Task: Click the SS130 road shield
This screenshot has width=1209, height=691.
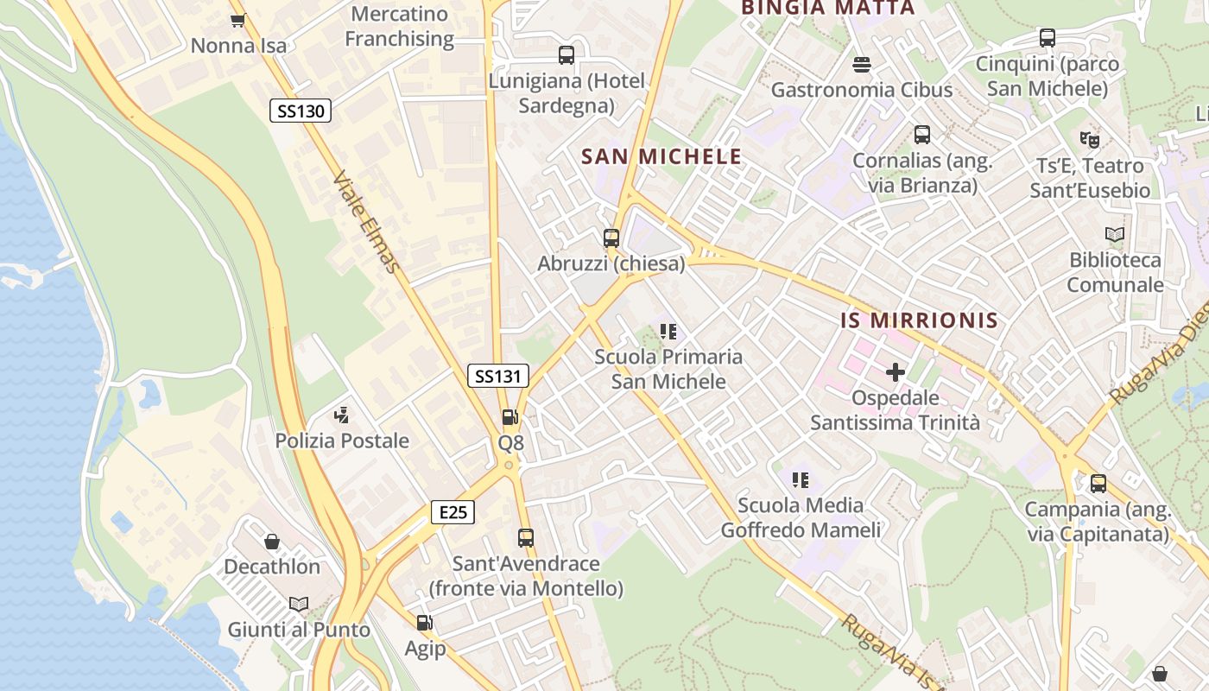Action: tap(301, 111)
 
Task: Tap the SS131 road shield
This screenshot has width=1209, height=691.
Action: tap(498, 376)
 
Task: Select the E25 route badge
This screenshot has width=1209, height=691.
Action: tap(453, 512)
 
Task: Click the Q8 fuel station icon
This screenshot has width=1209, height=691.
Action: tap(510, 417)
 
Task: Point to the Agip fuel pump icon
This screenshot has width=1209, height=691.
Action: tap(425, 623)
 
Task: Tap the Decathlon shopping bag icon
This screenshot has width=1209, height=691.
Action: tap(272, 542)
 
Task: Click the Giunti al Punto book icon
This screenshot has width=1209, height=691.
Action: tap(299, 605)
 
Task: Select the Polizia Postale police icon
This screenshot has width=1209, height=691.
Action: tap(342, 415)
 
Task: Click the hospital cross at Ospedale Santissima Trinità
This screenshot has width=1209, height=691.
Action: tap(896, 372)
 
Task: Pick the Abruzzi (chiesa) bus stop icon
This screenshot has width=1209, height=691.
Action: tap(611, 238)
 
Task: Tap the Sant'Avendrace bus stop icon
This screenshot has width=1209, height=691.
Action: tap(526, 538)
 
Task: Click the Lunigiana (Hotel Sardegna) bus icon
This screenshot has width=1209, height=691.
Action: tap(567, 55)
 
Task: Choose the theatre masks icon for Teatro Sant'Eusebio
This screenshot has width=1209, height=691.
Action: tap(1090, 139)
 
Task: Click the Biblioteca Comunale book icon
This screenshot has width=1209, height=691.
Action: tap(1115, 234)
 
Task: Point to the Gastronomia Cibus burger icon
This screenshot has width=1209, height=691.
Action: tap(861, 64)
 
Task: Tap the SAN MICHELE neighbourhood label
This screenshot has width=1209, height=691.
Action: tap(661, 156)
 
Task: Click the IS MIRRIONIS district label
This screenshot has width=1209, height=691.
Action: tap(920, 320)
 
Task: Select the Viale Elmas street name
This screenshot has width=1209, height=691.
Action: tap(367, 221)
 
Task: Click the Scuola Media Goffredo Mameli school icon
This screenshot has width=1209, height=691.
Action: tap(801, 479)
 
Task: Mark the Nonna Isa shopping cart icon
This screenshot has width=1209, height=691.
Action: tap(238, 19)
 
